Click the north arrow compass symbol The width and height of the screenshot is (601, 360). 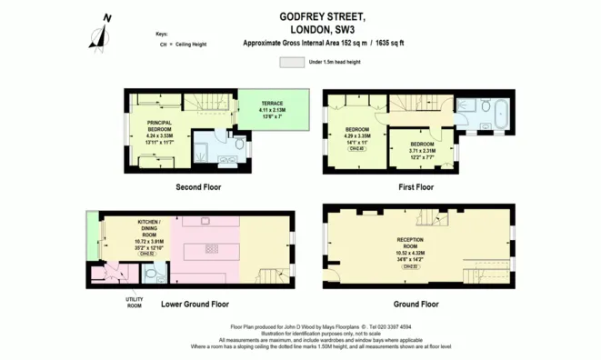click(100, 33)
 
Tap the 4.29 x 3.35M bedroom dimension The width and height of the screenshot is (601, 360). click(356, 136)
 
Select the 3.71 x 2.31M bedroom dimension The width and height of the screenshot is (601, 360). click(422, 151)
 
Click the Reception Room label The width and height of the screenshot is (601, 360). click(411, 240)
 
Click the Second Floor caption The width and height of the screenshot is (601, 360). click(198, 187)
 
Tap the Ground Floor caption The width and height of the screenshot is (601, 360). click(417, 304)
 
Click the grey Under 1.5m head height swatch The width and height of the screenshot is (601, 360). click(293, 62)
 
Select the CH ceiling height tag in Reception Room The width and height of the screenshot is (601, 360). click(411, 266)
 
